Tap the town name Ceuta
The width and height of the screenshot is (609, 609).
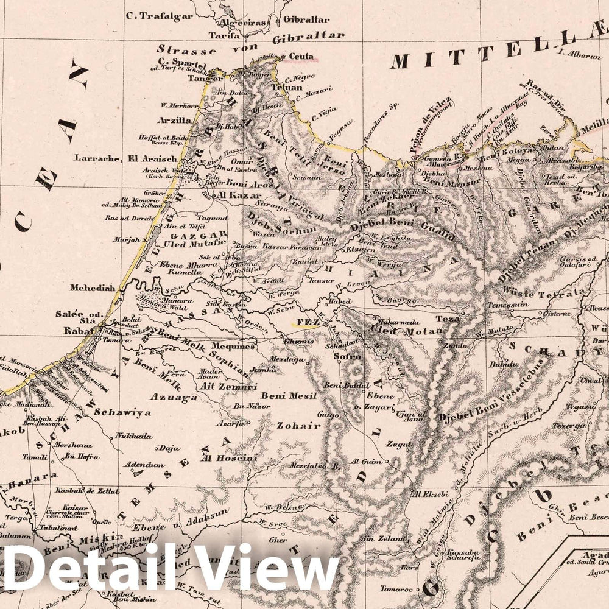[301, 57]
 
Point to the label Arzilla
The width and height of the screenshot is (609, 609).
[174, 121]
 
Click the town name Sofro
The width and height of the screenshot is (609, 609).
[350, 356]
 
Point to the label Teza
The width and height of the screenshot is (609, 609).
[446, 319]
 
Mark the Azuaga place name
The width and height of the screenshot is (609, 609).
[177, 398]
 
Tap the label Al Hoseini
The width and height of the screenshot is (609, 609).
[225, 457]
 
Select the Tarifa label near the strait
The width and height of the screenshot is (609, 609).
[222, 36]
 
